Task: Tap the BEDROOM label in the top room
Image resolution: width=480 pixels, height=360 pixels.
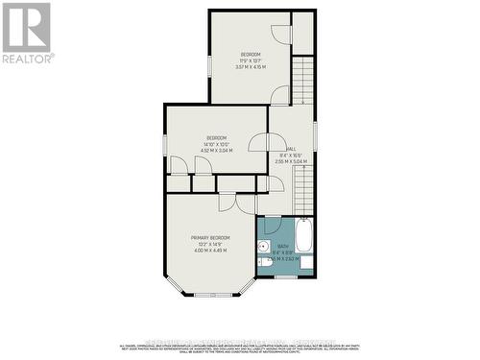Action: point(251,54)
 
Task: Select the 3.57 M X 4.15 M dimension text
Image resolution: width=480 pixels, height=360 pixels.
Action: point(251,67)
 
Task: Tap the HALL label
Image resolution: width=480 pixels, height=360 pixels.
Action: point(290,147)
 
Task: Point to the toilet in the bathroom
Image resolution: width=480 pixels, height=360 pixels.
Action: point(264,261)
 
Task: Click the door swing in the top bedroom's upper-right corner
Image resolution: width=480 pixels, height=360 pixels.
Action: point(279,33)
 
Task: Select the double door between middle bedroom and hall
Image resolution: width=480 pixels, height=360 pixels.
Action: point(260,141)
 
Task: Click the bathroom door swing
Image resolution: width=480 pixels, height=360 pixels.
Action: point(274,226)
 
